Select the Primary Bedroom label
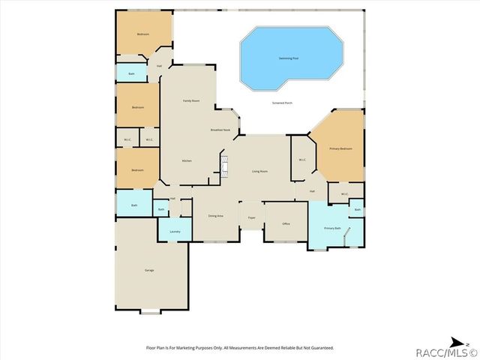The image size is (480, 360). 340,148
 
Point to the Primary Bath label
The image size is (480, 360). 332,227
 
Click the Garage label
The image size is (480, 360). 149,270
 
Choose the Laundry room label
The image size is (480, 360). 175,232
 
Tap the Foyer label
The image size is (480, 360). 251,216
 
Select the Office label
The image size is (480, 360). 286,223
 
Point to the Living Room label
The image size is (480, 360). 259,172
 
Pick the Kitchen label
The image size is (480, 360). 188,160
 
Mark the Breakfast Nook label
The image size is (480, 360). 220,130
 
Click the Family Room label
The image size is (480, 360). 191,100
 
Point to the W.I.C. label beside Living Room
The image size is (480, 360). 301,159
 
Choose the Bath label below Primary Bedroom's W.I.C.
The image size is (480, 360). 357,209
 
